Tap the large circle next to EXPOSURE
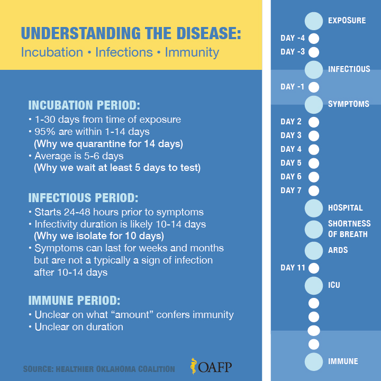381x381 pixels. point(313,21)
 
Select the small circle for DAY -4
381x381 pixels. point(313,39)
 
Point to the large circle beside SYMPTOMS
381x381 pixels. point(313,104)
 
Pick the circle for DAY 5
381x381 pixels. point(313,163)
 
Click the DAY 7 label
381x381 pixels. point(291,190)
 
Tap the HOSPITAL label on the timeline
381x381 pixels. point(345,208)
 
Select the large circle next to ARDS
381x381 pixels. point(313,250)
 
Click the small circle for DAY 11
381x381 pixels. point(313,268)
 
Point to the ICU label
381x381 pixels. point(334,285)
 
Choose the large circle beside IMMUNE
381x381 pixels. point(313,361)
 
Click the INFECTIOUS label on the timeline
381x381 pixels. point(349,69)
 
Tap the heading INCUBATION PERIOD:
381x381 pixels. point(84,105)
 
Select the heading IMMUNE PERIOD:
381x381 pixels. point(74,301)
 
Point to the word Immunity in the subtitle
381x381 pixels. point(192,52)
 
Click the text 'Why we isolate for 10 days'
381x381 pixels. point(99,235)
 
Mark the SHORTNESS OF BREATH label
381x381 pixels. point(349,229)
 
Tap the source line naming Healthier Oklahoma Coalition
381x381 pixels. point(99,368)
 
